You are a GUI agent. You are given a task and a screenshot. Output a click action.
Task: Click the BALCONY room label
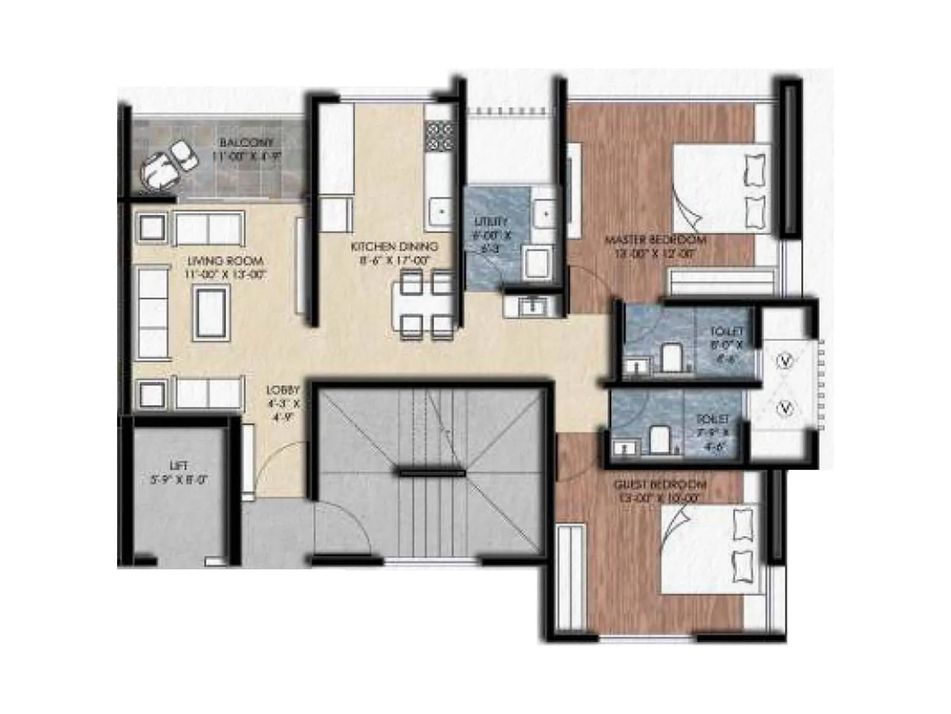tap(246, 143)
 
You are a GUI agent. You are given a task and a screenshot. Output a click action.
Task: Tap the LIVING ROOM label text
tap(225, 261)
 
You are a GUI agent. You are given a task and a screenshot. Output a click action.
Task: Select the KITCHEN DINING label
tap(394, 246)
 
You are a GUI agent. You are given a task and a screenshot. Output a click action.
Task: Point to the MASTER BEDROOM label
tap(656, 240)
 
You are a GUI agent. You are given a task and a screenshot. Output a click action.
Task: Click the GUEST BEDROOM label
tap(660, 485)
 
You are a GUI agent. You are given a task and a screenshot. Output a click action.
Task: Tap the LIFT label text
tap(178, 465)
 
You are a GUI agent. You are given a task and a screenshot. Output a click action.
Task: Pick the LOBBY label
tap(283, 390)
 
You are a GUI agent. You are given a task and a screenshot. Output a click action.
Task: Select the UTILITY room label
tap(491, 222)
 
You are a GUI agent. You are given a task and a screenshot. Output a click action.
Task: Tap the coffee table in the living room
tap(211, 313)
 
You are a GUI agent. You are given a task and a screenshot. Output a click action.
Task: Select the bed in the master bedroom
tap(720, 189)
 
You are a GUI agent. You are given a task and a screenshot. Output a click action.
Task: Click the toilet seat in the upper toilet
tap(671, 357)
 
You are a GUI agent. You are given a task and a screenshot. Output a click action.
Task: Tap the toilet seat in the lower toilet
tap(659, 439)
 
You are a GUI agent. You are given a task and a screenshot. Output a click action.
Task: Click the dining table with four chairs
tap(425, 305)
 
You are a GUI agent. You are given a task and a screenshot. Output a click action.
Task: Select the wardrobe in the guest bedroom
tap(571, 576)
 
